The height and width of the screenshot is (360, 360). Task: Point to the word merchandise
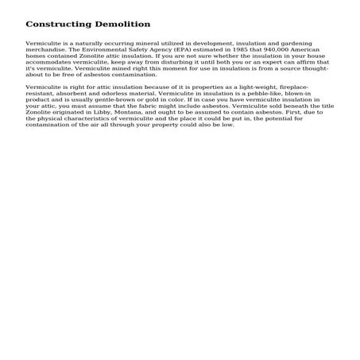[45, 48]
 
